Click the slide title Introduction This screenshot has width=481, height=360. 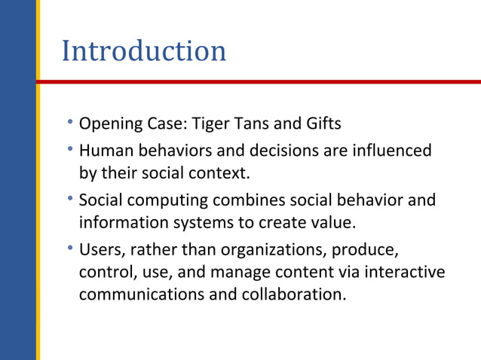(143, 51)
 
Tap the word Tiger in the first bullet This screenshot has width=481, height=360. (213, 122)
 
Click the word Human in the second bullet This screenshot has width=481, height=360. (104, 151)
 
